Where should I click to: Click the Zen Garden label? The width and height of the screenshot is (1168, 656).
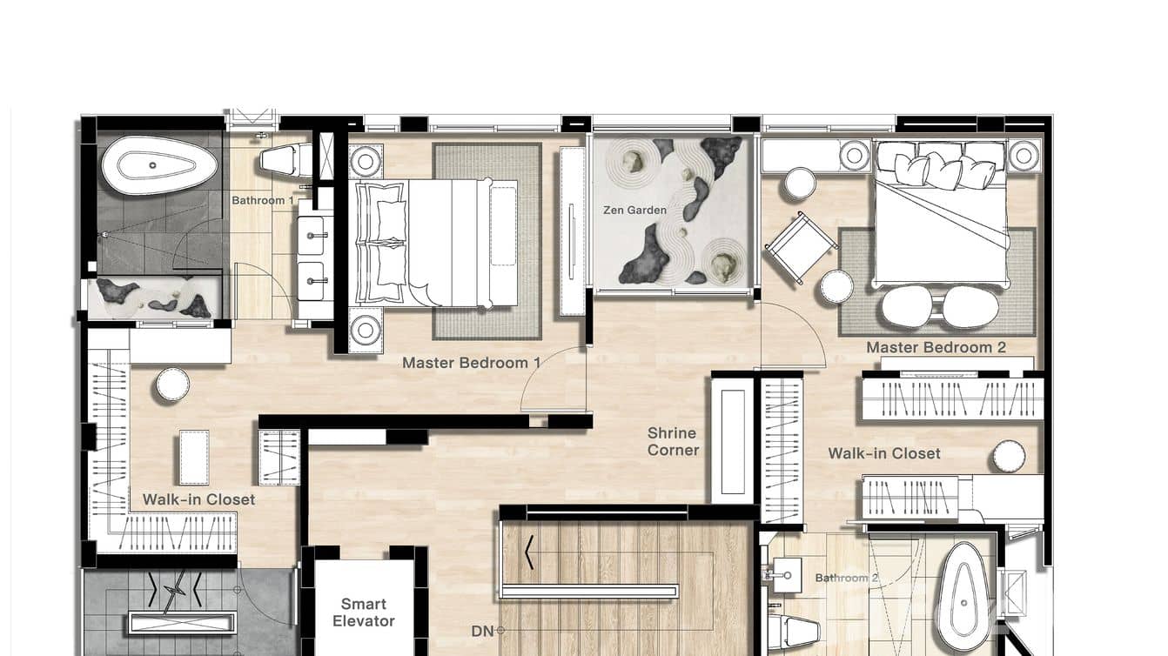(x=634, y=210)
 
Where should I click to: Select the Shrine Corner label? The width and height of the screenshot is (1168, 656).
(x=673, y=441)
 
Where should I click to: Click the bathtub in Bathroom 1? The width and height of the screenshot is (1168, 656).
(x=159, y=165)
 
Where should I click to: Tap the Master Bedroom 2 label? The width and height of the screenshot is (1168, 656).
(x=936, y=347)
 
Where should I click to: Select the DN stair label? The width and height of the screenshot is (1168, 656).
(x=482, y=632)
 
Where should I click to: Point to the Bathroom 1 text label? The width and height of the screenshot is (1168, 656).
(x=262, y=200)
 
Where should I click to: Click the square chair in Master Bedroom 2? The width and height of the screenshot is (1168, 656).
(x=800, y=247)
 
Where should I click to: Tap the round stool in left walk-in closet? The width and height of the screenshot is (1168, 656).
(x=172, y=385)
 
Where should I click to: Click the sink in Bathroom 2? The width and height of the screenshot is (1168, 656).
(x=787, y=575)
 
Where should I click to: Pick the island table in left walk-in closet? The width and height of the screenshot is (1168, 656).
(x=193, y=458)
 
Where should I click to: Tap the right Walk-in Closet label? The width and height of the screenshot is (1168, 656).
(x=883, y=453)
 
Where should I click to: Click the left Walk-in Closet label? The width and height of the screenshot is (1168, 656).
(x=198, y=499)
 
